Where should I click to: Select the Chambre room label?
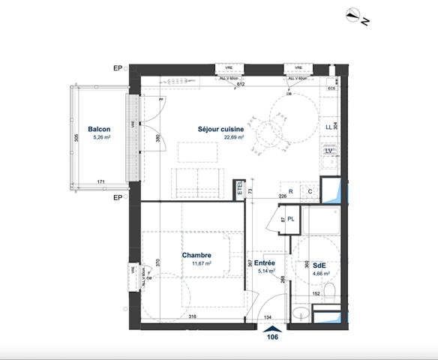pos(196,255)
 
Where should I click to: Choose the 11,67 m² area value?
pos(196,264)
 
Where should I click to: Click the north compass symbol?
pos(357,15)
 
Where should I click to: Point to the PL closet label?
pos(290,219)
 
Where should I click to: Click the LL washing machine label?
pos(328,127)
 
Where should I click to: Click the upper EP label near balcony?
pos(117,69)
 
